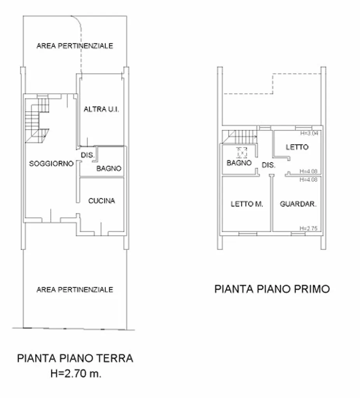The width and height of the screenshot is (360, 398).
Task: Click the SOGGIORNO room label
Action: [x=51, y=164]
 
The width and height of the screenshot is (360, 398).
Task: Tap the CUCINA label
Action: [x=101, y=201]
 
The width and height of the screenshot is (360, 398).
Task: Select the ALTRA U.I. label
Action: [x=101, y=109]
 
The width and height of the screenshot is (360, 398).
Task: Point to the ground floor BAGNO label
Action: [x=109, y=168]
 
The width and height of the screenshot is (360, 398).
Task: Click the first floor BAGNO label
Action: [x=239, y=163]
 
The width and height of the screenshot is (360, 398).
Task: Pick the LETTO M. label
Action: [x=247, y=204]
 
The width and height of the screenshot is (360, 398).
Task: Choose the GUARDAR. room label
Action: [x=298, y=204]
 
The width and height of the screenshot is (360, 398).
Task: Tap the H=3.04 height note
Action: [x=309, y=133]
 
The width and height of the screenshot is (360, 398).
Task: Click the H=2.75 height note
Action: [x=308, y=228]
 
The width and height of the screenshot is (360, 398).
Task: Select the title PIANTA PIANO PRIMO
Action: [x=272, y=289]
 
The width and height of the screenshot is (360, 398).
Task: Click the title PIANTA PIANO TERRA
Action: [x=75, y=358]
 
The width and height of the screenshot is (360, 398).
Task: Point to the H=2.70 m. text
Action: [x=76, y=374]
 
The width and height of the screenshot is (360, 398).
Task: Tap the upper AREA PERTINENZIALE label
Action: [x=75, y=46]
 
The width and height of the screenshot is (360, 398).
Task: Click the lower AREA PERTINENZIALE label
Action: [x=75, y=290]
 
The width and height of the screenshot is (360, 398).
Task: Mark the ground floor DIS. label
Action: [x=87, y=155]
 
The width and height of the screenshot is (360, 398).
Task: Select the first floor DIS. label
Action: [x=269, y=165]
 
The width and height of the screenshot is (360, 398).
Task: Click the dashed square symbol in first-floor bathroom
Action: [x=242, y=153]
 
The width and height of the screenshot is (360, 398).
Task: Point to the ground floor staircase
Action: [x=37, y=120]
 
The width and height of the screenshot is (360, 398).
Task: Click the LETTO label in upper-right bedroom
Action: [x=297, y=147]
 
